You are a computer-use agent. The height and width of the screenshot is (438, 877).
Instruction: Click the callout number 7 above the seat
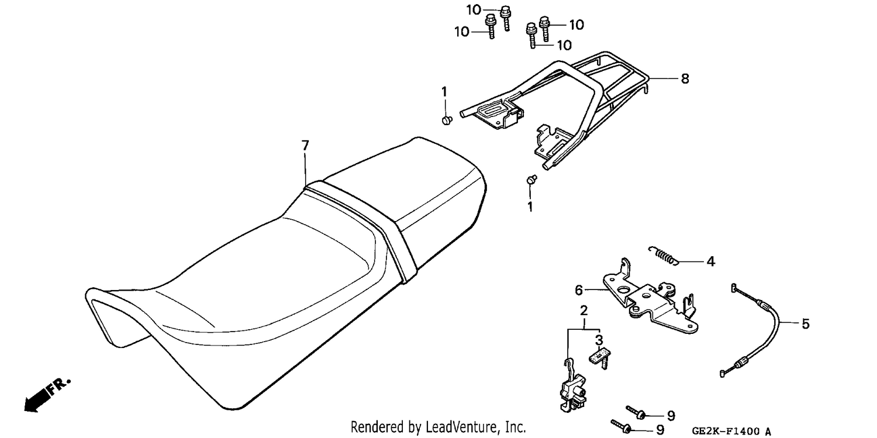(305, 146)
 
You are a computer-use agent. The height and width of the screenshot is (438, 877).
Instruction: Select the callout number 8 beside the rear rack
(685, 79)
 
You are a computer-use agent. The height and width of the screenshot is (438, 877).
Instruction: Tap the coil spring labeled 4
(663, 255)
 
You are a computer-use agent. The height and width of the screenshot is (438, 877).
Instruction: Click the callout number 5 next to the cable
(805, 324)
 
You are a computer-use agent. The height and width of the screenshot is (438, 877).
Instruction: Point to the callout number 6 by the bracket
(579, 290)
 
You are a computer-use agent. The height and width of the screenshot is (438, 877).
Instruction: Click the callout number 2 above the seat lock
(583, 311)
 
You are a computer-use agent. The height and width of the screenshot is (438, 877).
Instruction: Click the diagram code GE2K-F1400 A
(731, 432)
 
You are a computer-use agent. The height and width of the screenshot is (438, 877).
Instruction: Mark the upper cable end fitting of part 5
(734, 288)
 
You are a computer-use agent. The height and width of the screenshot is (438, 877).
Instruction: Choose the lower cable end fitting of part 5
(723, 374)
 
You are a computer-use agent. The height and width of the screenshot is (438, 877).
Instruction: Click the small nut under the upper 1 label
(447, 120)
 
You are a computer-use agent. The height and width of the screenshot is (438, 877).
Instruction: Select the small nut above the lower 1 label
(531, 180)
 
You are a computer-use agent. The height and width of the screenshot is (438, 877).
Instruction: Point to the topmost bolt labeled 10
(506, 18)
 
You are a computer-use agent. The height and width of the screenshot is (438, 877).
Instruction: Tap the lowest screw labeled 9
(622, 426)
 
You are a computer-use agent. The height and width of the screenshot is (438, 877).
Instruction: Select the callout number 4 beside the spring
(711, 261)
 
